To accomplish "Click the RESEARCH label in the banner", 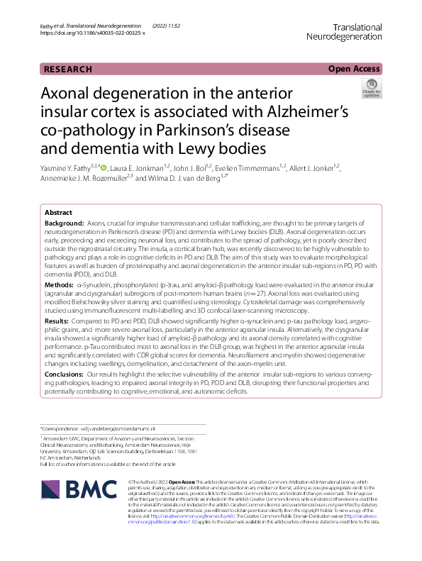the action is click(68, 69).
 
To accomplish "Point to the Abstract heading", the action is click(58, 213).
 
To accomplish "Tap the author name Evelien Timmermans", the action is click(252, 168).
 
